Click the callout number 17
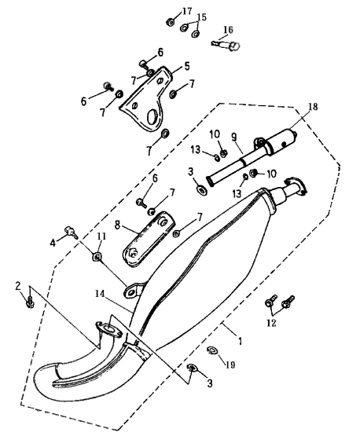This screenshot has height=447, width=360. (x=187, y=12)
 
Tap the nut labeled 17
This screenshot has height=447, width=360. (x=171, y=22)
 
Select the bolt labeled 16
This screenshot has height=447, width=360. (x=226, y=45)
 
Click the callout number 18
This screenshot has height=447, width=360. (x=313, y=106)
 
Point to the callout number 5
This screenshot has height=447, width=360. (x=187, y=66)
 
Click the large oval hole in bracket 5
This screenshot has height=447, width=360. (x=152, y=117)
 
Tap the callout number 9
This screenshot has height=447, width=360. (x=234, y=137)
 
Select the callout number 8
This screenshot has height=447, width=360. (x=117, y=225)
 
